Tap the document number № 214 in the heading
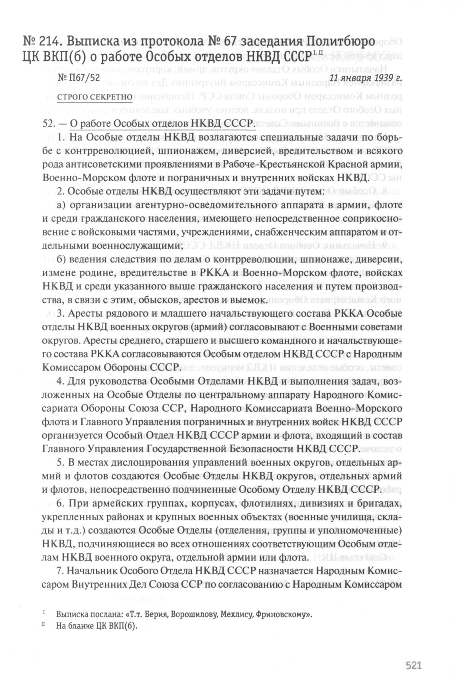(x=41, y=41)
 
